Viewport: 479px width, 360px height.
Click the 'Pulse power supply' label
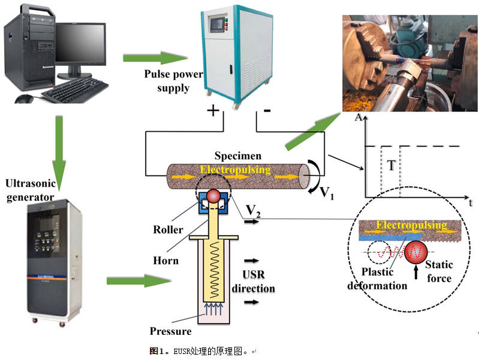click(x=173, y=81)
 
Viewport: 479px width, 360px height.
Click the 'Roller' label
click(x=164, y=229)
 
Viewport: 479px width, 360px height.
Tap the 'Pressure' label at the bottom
click(x=171, y=331)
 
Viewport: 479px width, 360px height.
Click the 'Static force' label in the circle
click(x=438, y=271)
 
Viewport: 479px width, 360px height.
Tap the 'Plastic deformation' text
click(x=378, y=280)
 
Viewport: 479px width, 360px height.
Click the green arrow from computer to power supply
click(x=155, y=59)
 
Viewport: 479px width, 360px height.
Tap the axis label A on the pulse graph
click(x=357, y=118)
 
